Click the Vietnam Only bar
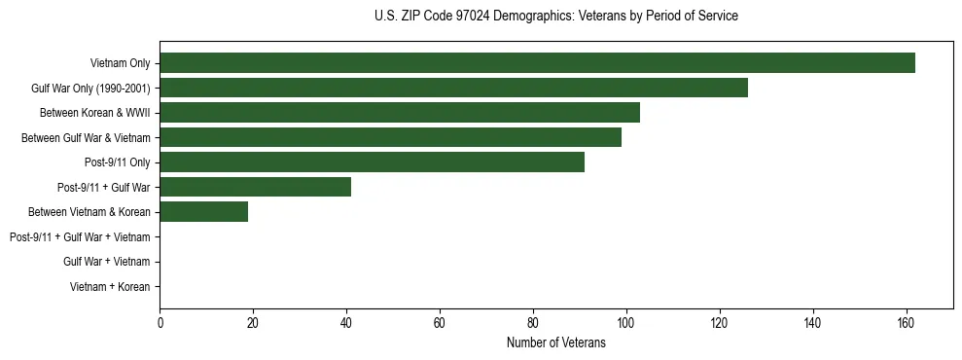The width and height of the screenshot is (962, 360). [537, 63]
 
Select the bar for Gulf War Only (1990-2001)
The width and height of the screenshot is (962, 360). [453, 89]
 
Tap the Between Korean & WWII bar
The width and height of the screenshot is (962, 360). [400, 113]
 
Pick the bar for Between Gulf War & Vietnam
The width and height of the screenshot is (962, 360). [390, 138]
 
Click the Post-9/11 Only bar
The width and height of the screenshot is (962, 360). [372, 162]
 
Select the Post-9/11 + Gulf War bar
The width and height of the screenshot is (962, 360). [255, 187]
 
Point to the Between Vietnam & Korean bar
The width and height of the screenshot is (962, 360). [203, 212]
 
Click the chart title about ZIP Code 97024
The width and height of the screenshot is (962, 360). [555, 17]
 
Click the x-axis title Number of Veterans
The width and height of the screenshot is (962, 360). [555, 343]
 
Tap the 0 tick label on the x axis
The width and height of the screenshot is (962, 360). [160, 324]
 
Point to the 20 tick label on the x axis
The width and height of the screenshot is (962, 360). [253, 324]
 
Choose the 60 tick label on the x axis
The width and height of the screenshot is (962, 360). [440, 324]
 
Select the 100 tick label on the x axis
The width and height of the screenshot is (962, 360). [626, 324]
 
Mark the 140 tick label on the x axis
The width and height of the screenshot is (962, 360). [813, 324]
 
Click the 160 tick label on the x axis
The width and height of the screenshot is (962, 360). [907, 324]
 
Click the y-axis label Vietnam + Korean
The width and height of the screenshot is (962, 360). [110, 287]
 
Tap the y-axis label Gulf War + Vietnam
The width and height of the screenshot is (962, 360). [107, 262]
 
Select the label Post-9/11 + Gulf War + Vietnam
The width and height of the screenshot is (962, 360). [80, 237]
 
